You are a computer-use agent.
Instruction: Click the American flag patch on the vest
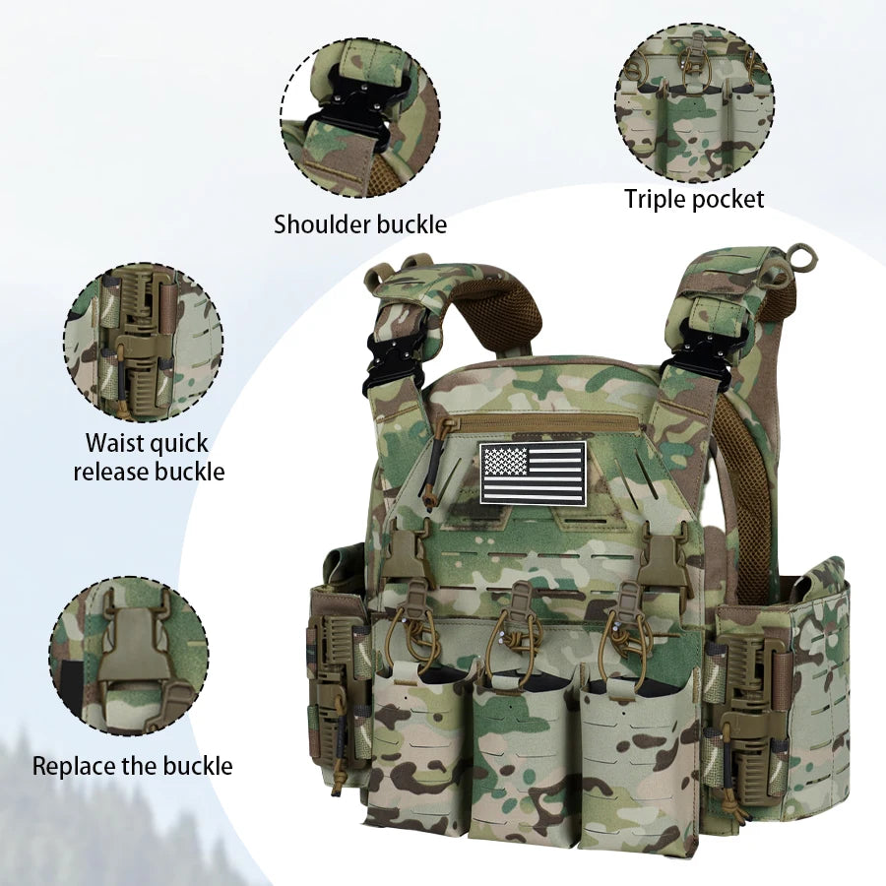click(x=533, y=473)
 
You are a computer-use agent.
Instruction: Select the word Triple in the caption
click(x=655, y=199)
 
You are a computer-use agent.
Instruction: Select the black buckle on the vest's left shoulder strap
click(x=390, y=363)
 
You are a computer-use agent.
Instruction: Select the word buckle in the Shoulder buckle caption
click(x=411, y=224)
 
